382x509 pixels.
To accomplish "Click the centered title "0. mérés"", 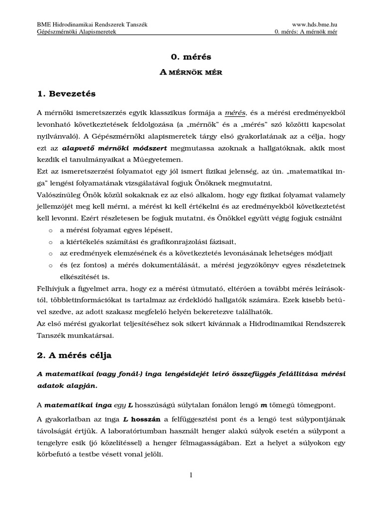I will coord(191,57).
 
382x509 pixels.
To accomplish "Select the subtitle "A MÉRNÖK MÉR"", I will coord(191,72).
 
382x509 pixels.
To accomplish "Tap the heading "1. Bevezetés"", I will coord(66,93).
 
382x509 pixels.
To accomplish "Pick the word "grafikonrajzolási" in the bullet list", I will coord(172,242).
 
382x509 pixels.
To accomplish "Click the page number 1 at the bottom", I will coord(191,476).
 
